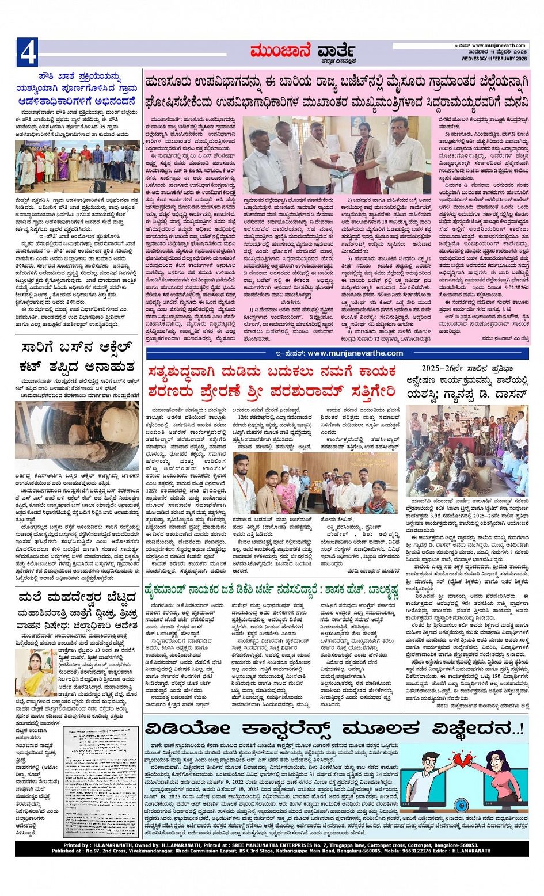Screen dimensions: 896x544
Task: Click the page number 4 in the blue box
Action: pyautogui.click(x=28, y=52)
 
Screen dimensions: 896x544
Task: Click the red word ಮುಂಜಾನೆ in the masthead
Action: pyautogui.click(x=280, y=52)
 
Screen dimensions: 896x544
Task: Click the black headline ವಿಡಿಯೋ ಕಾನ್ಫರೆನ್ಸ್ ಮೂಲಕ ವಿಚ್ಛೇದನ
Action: pyautogui.click(x=334, y=729)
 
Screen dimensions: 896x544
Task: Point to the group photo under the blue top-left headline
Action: pyautogui.click(x=77, y=167)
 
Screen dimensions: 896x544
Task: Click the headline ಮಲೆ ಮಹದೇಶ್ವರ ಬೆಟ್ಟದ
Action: pyautogui.click(x=77, y=596)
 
